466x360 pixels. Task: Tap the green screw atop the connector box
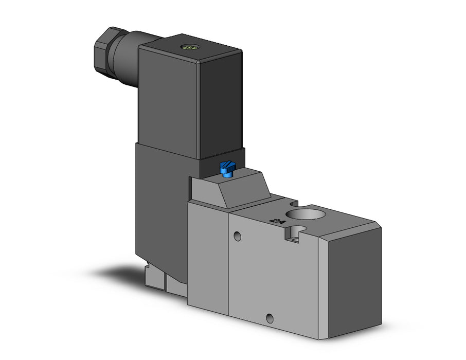tap(189, 48)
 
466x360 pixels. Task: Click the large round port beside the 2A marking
tap(302, 217)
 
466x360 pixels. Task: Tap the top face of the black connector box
tap(190, 47)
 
